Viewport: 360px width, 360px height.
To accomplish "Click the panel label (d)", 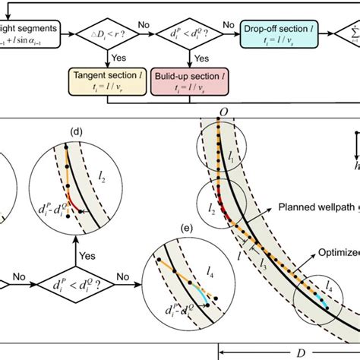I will (x=76, y=131).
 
